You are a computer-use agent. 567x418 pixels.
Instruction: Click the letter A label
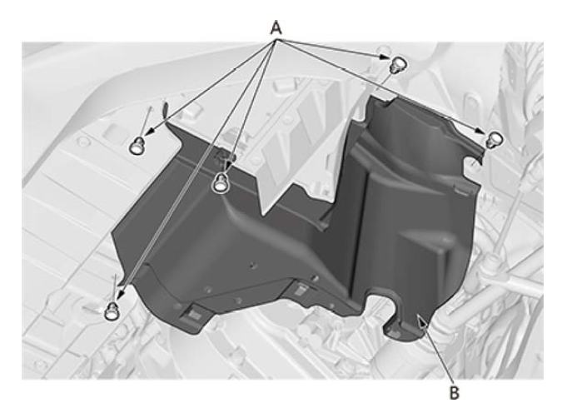point(276,27)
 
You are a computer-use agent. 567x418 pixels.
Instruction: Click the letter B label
point(454,393)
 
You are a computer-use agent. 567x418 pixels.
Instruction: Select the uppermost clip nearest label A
point(398,65)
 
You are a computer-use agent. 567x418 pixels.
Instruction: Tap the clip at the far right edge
point(495,140)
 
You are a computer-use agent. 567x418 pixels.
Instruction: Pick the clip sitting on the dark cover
point(220,182)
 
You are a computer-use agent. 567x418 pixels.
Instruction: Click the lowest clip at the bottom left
point(112,311)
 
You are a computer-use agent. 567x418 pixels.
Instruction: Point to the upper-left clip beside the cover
point(137,146)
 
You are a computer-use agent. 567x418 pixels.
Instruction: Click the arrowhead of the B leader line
point(420,318)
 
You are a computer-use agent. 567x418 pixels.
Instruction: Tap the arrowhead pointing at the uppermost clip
point(385,57)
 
